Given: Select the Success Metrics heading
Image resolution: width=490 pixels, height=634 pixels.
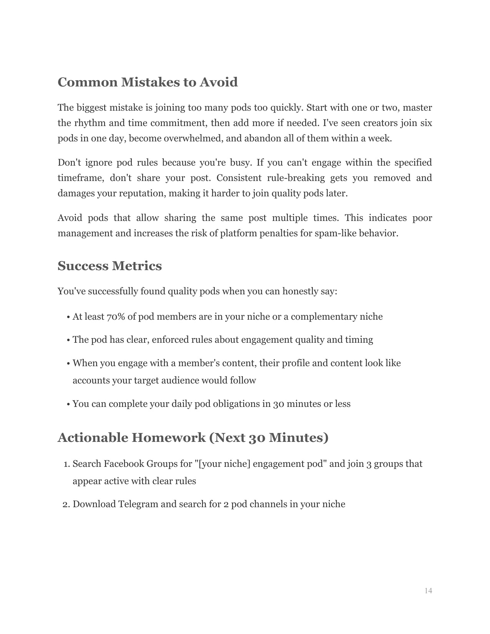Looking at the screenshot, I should (110, 266).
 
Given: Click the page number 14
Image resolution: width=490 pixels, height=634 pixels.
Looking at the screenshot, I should (429, 591).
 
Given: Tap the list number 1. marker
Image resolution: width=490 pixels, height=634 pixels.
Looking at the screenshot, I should (66, 464).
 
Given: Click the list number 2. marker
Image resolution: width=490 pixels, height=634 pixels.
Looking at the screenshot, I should (66, 504).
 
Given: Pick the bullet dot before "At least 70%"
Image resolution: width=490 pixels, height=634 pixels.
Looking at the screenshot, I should (68, 317).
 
